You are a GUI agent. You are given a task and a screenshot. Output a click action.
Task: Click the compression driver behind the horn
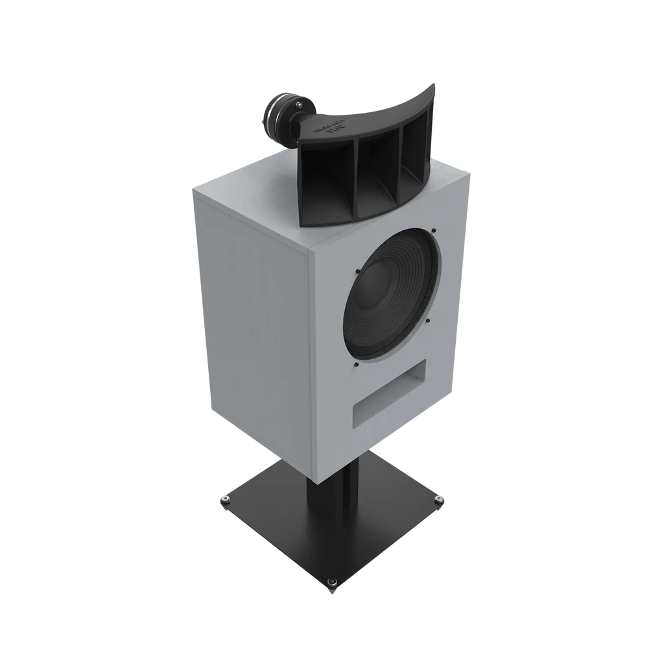[x=278, y=116]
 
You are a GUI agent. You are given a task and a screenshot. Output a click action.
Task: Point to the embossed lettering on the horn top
[x=327, y=127]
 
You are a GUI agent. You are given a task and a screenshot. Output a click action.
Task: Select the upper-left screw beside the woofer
[x=356, y=271]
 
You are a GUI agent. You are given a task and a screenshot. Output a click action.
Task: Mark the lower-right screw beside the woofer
[x=427, y=320]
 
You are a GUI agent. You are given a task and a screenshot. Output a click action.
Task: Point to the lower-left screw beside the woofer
[x=355, y=366]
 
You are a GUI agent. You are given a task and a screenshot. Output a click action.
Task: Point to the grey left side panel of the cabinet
[x=253, y=324]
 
